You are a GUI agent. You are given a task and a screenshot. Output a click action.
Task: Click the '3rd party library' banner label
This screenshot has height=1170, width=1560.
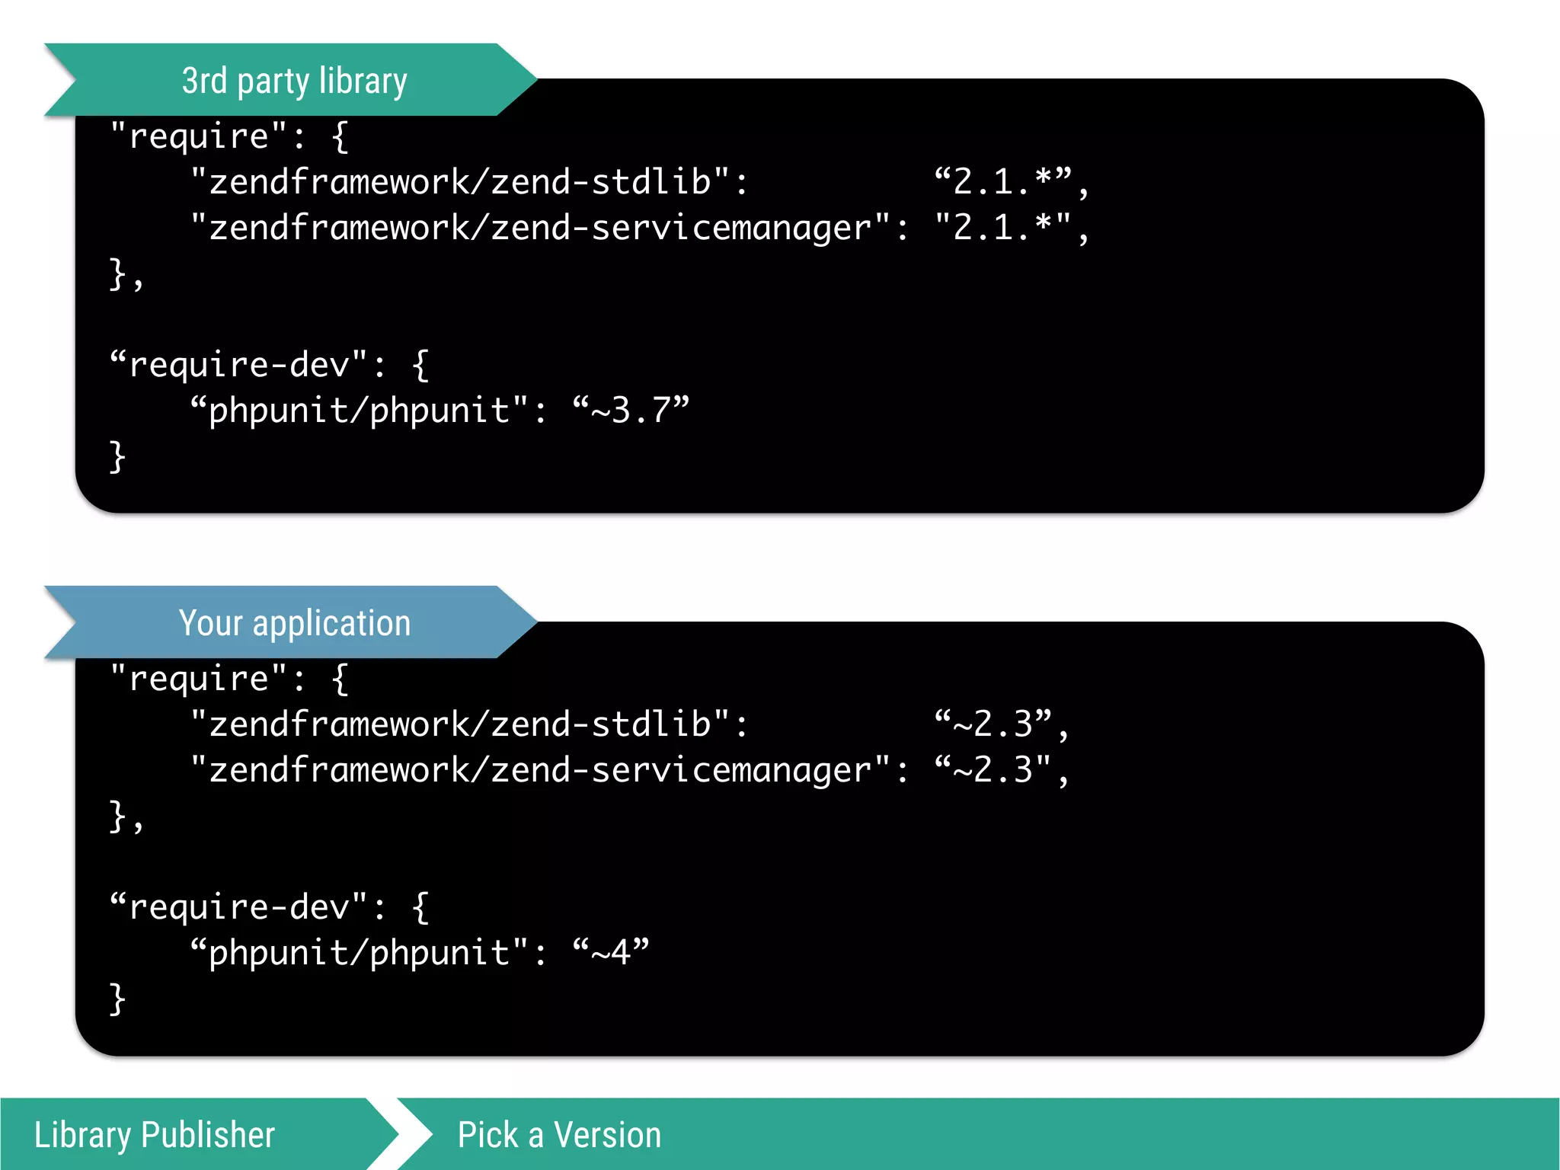tap(294, 81)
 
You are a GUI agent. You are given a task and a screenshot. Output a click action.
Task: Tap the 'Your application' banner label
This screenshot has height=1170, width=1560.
tap(294, 623)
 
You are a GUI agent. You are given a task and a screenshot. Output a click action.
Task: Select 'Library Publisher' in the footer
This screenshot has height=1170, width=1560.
tap(154, 1135)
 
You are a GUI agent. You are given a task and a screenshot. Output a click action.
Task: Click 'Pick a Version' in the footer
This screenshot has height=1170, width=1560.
tap(559, 1135)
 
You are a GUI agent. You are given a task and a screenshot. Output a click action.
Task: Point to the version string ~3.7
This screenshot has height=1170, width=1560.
tap(631, 410)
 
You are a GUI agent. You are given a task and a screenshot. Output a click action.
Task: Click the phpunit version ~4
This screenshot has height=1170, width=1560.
tap(610, 952)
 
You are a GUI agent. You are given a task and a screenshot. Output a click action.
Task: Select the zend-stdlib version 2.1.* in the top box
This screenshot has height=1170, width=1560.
tap(1004, 181)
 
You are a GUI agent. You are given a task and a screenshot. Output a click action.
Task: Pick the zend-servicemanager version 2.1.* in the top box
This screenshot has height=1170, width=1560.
tap(1004, 227)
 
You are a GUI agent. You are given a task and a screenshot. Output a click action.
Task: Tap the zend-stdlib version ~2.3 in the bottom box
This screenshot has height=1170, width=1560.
tap(994, 724)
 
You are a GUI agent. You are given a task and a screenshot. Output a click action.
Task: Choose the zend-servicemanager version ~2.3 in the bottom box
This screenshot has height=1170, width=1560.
tap(994, 769)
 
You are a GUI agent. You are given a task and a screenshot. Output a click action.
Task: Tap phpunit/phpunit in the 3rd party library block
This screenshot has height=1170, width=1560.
tap(358, 411)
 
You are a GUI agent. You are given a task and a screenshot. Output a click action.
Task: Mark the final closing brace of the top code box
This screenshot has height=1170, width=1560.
tap(117, 457)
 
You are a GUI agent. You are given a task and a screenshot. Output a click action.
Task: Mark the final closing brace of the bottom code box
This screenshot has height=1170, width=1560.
tap(117, 999)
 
